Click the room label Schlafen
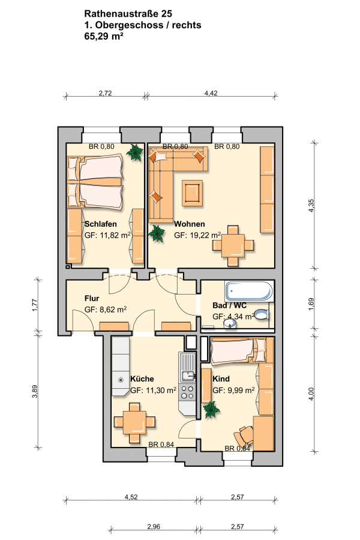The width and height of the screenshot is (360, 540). [101, 224]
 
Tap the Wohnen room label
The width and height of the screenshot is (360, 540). [189, 224]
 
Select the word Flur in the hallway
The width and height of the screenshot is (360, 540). [92, 298]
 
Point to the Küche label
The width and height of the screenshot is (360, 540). [142, 379]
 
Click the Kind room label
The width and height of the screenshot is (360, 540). [221, 379]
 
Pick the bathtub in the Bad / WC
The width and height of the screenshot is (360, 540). [249, 292]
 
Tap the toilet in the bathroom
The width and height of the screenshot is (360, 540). [262, 314]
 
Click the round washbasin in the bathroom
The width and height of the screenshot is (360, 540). [229, 323]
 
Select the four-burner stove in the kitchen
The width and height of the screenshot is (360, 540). [187, 392]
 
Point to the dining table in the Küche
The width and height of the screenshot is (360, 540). [134, 422]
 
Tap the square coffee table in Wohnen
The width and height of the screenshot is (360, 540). [193, 193]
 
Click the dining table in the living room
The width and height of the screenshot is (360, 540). [233, 245]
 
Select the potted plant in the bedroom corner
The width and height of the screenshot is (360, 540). [134, 152]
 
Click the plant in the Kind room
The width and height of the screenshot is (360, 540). [211, 410]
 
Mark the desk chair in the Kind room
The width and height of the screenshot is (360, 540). [244, 436]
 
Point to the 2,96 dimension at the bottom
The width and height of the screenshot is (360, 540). [154, 527]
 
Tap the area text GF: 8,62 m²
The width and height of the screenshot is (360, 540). [106, 310]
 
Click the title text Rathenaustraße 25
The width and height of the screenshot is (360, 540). [128, 14]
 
